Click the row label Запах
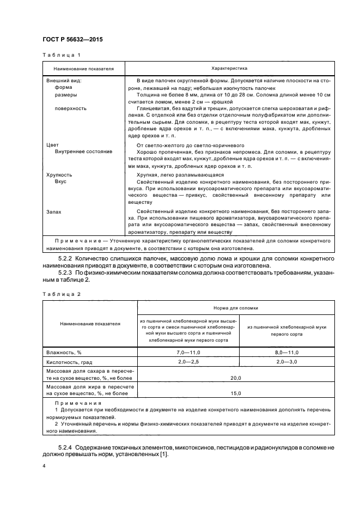(x=54, y=211)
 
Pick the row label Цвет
(x=52, y=145)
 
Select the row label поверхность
(x=71, y=108)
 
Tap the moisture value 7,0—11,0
(x=188, y=353)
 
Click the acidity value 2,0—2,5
(x=188, y=362)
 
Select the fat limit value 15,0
(x=236, y=392)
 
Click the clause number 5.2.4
(x=66, y=447)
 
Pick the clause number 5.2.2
(x=66, y=257)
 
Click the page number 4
(x=44, y=467)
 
